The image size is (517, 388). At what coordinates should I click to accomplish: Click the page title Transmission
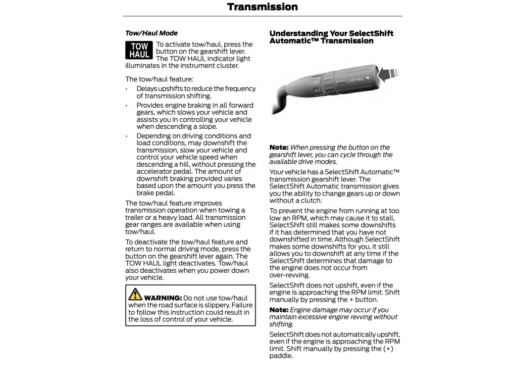tap(262, 7)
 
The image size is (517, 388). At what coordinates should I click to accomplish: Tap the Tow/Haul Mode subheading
tap(151, 33)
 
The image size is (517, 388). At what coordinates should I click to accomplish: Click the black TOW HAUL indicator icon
tap(139, 51)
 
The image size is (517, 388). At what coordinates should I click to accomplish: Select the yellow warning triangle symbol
tap(135, 294)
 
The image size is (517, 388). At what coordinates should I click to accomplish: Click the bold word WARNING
tap(163, 298)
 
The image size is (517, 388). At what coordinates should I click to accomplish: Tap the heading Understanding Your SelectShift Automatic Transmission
tap(331, 37)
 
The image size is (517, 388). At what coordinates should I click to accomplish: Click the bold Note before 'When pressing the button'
tap(279, 148)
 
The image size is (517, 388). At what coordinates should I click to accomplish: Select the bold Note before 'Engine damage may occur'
tap(279, 310)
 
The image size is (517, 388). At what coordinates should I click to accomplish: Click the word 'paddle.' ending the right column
tap(281, 356)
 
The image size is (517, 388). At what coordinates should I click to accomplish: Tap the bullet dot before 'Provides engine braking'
tap(127, 106)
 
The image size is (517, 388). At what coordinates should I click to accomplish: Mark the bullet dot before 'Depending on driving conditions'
tap(127, 136)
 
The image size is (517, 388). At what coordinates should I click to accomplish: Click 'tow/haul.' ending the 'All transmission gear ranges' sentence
tap(140, 231)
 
